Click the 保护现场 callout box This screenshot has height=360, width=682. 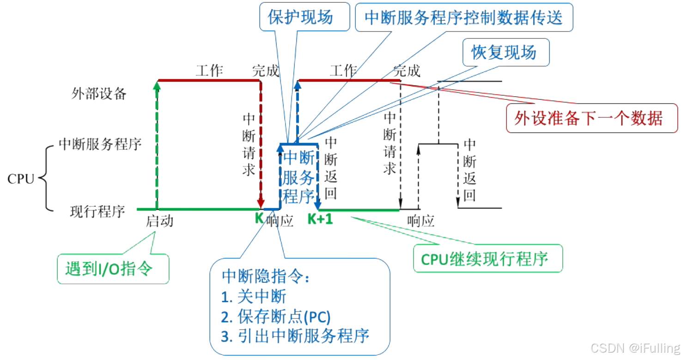click(300, 17)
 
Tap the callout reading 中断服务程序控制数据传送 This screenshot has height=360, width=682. click(464, 18)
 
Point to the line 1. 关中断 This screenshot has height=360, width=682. click(254, 296)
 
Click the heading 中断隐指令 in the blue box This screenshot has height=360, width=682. click(265, 276)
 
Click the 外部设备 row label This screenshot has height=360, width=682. click(99, 94)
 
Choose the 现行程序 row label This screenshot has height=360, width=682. click(97, 212)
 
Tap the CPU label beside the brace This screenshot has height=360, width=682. click(21, 179)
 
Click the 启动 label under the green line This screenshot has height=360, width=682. click(159, 221)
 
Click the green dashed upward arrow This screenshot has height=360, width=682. click(157, 143)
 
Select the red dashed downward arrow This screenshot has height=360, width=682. click(261, 143)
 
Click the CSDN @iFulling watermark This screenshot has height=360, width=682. click(635, 348)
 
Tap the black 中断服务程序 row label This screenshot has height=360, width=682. click(100, 144)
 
